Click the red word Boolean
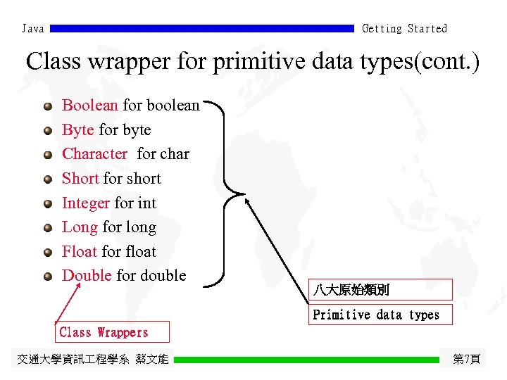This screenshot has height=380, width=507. coord(90,106)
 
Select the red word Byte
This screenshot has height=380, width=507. coord(78,130)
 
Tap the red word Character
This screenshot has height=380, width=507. coord(95,154)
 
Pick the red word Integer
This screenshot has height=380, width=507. coord(86,203)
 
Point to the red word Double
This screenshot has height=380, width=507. coord(87,276)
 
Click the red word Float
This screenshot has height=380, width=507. coord(80,251)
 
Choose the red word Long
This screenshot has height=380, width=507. coord(80,227)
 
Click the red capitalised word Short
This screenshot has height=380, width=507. coord(80,179)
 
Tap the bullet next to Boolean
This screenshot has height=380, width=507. coord(47,106)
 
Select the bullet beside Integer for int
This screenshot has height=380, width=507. coord(47,204)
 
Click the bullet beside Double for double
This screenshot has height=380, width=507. coord(47,277)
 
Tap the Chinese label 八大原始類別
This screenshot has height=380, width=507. coord(351,290)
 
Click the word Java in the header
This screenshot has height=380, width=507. coord(33,29)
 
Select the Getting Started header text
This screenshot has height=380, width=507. coord(404,29)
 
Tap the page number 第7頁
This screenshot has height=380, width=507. coord(466,359)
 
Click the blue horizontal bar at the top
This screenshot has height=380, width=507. coord(202,29)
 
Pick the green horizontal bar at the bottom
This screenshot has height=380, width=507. coord(306,359)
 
